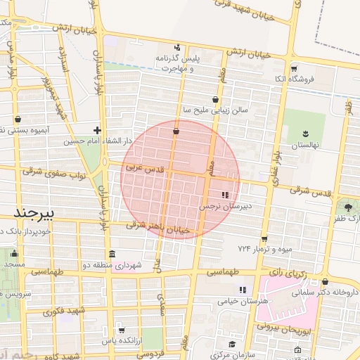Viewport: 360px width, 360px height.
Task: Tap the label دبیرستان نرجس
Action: [x=224, y=207]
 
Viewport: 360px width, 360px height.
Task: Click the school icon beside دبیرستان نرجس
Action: [x=225, y=195]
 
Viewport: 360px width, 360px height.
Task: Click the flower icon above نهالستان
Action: [x=306, y=133]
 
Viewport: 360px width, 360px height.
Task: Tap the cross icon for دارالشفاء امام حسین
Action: [x=97, y=130]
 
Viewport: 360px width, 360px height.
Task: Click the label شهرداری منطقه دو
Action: [x=117, y=265]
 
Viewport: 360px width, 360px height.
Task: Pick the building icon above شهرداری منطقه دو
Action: [x=112, y=254]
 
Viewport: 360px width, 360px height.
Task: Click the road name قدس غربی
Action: [x=143, y=169]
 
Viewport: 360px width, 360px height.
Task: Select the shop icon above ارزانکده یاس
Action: [x=122, y=330]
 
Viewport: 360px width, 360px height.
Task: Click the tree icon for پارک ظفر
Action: [x=348, y=207]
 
